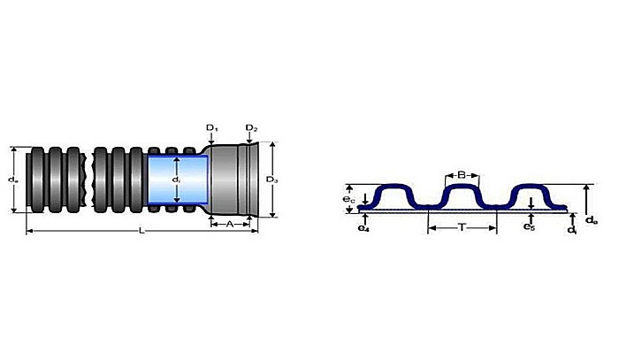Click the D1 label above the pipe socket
212,128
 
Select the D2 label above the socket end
252,128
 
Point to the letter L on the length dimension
141,231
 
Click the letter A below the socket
230,224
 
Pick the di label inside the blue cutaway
176,180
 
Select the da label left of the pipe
11,180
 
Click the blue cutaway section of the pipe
177,181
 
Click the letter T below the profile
462,227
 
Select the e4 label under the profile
363,228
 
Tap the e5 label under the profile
528,227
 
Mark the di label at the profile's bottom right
574,229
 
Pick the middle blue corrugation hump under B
461,193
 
